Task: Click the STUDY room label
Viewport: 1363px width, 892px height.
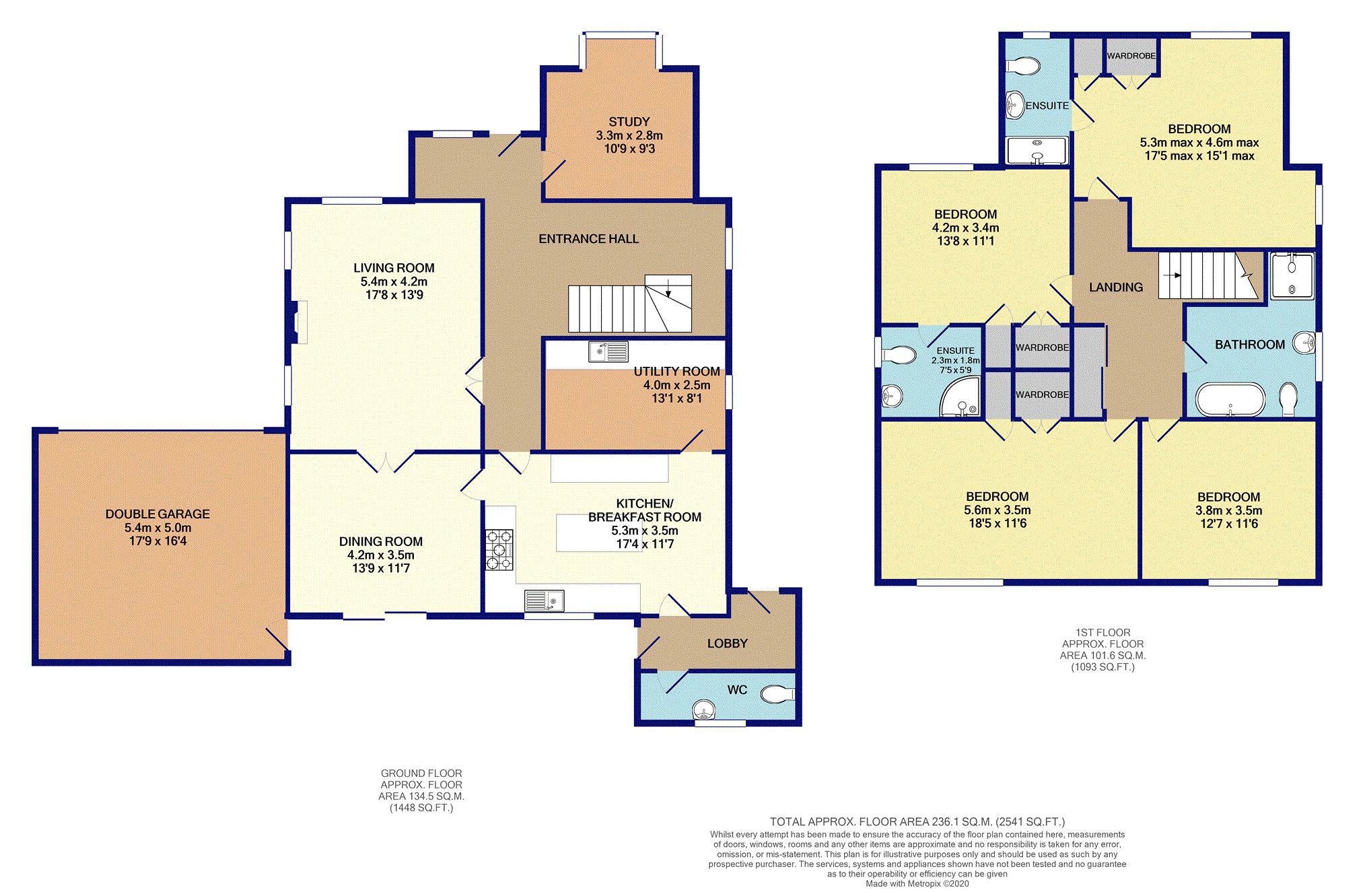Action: click(629, 122)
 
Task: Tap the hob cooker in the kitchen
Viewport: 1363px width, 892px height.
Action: click(499, 550)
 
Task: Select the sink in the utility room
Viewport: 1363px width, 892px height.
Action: click(608, 351)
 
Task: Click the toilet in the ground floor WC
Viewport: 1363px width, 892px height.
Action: click(777, 693)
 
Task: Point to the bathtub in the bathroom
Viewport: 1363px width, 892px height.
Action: click(1230, 400)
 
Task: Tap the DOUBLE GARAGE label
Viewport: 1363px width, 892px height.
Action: click(158, 514)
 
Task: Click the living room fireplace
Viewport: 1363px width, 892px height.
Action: click(299, 322)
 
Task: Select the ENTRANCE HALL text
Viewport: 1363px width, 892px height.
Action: click(588, 239)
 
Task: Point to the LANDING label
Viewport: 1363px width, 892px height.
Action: click(1115, 287)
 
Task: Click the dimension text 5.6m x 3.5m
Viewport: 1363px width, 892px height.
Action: click(997, 510)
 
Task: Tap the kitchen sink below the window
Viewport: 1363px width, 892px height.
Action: click(544, 600)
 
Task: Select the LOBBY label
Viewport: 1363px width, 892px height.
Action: click(727, 644)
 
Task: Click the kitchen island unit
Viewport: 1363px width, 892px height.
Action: click(589, 533)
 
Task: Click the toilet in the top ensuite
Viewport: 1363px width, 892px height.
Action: click(1023, 66)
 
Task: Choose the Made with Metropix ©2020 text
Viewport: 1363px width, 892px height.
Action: click(917, 884)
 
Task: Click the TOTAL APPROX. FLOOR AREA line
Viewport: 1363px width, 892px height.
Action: click(917, 821)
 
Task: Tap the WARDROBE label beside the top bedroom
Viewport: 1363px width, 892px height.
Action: click(1131, 56)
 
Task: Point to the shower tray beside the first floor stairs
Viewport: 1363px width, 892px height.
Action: click(1291, 276)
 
